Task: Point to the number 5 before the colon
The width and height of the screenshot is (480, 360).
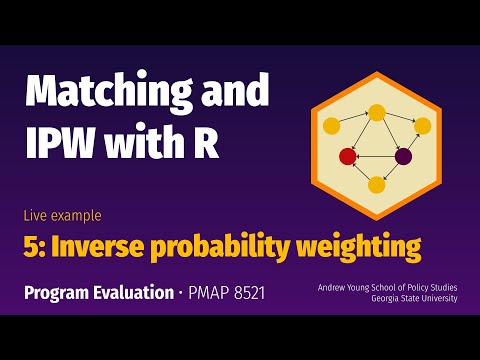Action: tap(31, 244)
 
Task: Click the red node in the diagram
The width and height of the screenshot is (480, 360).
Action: tap(348, 156)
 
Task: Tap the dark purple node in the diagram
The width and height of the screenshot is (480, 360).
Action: tap(404, 156)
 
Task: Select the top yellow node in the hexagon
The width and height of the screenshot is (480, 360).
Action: tap(377, 112)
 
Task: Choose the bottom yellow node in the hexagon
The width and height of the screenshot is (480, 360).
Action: tap(377, 184)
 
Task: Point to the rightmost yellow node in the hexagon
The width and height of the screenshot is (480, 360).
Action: tap(422, 126)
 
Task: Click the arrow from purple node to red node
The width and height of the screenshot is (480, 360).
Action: tap(376, 156)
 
